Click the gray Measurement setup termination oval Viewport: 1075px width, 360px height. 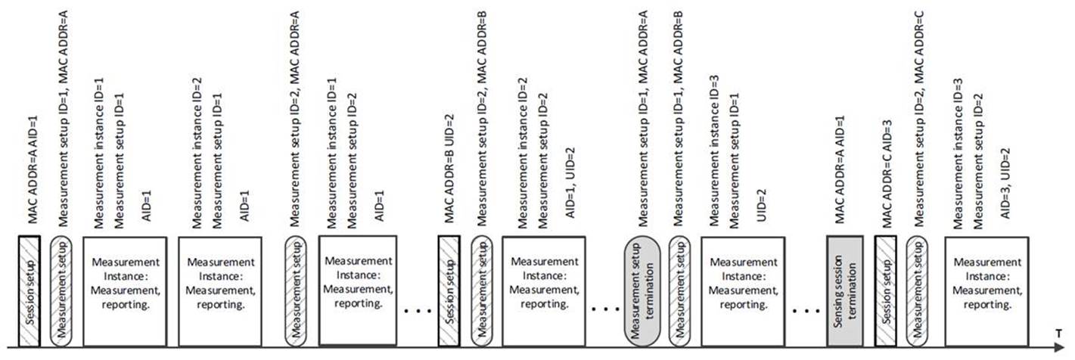pyautogui.click(x=642, y=291)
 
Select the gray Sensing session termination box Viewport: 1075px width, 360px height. pyautogui.click(x=844, y=291)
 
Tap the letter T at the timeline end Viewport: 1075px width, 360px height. pyautogui.click(x=1058, y=333)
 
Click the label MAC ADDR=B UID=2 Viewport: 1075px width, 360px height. pyautogui.click(x=449, y=169)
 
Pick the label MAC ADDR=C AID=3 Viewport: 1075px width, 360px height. pyautogui.click(x=887, y=173)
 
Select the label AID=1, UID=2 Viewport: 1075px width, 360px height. pyautogui.click(x=570, y=183)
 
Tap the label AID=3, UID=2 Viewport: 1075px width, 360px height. pyautogui.click(x=1005, y=183)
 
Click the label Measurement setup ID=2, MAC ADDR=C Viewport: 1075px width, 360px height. pyautogui.click(x=919, y=119)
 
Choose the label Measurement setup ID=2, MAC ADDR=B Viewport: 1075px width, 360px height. pyautogui.click(x=482, y=119)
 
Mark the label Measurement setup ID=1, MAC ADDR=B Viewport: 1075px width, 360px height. pyautogui.click(x=678, y=119)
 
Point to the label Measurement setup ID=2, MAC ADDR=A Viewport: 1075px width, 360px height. pyautogui.click(x=294, y=119)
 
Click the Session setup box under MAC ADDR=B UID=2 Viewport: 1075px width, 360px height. pyautogui.click(x=449, y=291)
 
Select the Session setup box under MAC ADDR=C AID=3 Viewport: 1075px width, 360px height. pyautogui.click(x=885, y=291)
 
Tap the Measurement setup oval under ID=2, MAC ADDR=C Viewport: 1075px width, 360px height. pyautogui.click(x=917, y=291)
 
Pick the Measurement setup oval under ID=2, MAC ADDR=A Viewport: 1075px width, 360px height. pyautogui.click(x=296, y=291)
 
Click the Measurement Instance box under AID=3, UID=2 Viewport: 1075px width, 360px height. pyautogui.click(x=986, y=291)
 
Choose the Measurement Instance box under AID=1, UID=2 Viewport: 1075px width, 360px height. pyautogui.click(x=544, y=291)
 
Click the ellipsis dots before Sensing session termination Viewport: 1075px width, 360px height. pyautogui.click(x=806, y=312)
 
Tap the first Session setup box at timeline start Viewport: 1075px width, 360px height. pyautogui.click(x=30, y=291)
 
